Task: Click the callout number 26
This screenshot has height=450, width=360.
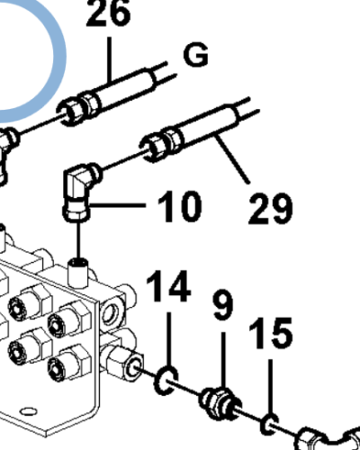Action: [x=109, y=13]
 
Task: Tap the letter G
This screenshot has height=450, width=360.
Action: [x=196, y=55]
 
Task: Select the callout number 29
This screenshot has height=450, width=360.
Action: [x=270, y=208]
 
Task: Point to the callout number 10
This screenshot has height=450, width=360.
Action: [x=179, y=206]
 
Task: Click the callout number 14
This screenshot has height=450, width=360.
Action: [x=168, y=286]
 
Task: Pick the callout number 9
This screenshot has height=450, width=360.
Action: [x=223, y=304]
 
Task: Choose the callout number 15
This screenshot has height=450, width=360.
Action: [x=270, y=333]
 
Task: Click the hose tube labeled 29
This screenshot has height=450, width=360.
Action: [x=210, y=124]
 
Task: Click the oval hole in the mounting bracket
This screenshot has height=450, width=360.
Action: [x=28, y=411]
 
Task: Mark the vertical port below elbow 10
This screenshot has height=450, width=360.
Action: [x=78, y=272]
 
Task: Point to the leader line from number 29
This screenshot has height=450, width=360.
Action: [x=233, y=159]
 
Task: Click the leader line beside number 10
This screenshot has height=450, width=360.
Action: [x=118, y=205]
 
